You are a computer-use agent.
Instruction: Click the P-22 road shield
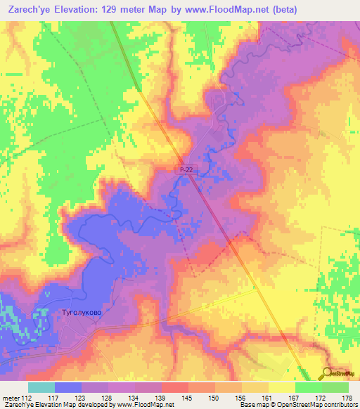184,169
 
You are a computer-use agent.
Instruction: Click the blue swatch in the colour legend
67,387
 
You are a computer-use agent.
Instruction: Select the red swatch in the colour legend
174,387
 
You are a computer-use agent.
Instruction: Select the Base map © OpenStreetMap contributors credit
297,405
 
